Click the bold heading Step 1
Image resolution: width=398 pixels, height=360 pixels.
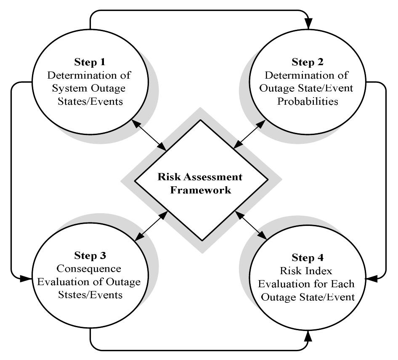point(89,63)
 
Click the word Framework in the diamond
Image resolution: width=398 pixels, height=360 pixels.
point(200,190)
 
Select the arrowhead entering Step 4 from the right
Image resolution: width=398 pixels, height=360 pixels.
point(371,278)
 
